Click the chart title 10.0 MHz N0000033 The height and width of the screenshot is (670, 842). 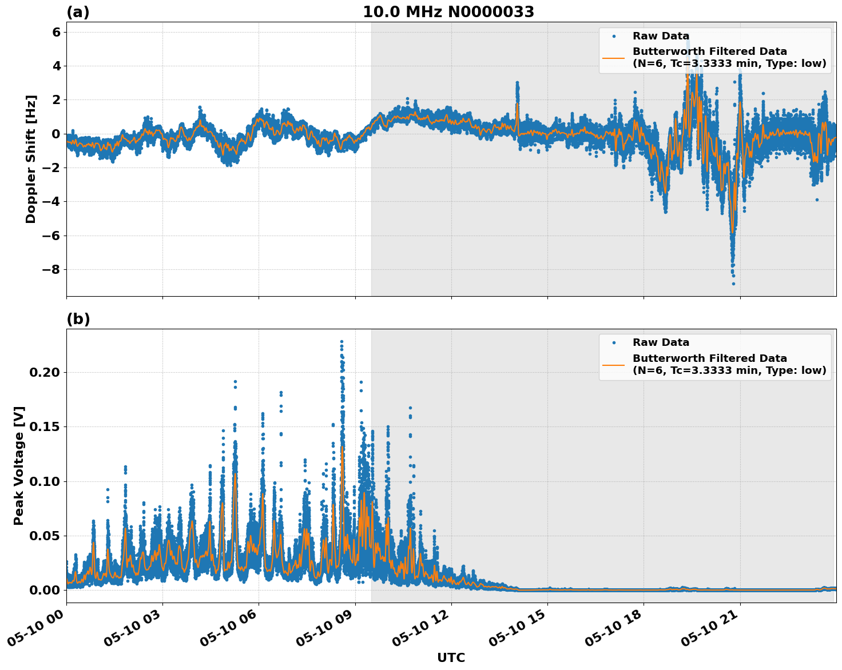point(448,12)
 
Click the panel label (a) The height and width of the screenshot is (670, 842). point(78,12)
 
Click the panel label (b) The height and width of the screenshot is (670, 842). point(78,319)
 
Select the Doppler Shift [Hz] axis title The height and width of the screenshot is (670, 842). point(31,159)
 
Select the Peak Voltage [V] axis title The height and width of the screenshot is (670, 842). point(19,466)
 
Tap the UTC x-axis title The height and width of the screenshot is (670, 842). point(451,657)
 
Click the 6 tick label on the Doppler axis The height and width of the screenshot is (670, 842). point(56,32)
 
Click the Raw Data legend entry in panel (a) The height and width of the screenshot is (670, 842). point(661,36)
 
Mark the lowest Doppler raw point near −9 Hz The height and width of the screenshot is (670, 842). point(733,284)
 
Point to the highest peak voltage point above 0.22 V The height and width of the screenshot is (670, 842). point(341,342)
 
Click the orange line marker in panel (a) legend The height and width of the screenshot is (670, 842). point(613,58)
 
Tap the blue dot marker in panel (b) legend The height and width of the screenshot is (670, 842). point(613,342)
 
